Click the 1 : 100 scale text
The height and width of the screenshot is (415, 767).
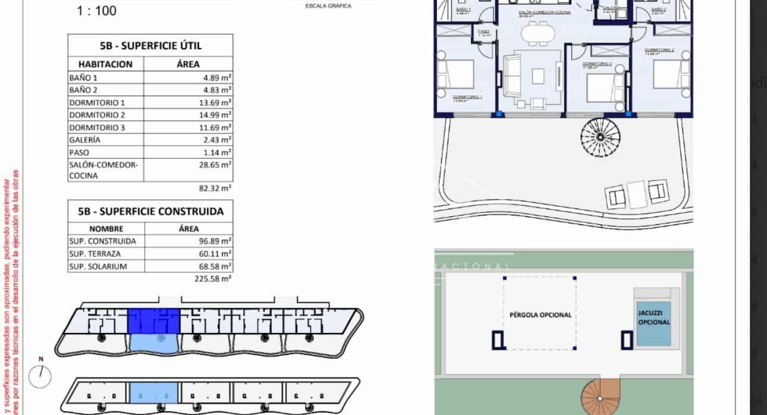[96, 10]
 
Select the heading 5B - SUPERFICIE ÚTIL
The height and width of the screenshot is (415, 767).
[150, 45]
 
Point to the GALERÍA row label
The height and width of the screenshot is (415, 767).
[85, 140]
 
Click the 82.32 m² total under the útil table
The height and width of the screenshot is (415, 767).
[214, 188]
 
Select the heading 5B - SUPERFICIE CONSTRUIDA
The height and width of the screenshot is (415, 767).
[150, 211]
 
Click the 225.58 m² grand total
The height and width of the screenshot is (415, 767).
[213, 278]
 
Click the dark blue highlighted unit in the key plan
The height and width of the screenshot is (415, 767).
[153, 320]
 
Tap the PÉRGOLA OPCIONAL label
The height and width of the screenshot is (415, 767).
[540, 315]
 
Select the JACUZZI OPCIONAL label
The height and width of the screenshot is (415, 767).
[653, 317]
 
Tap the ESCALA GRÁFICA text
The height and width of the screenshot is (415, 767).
[328, 6]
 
